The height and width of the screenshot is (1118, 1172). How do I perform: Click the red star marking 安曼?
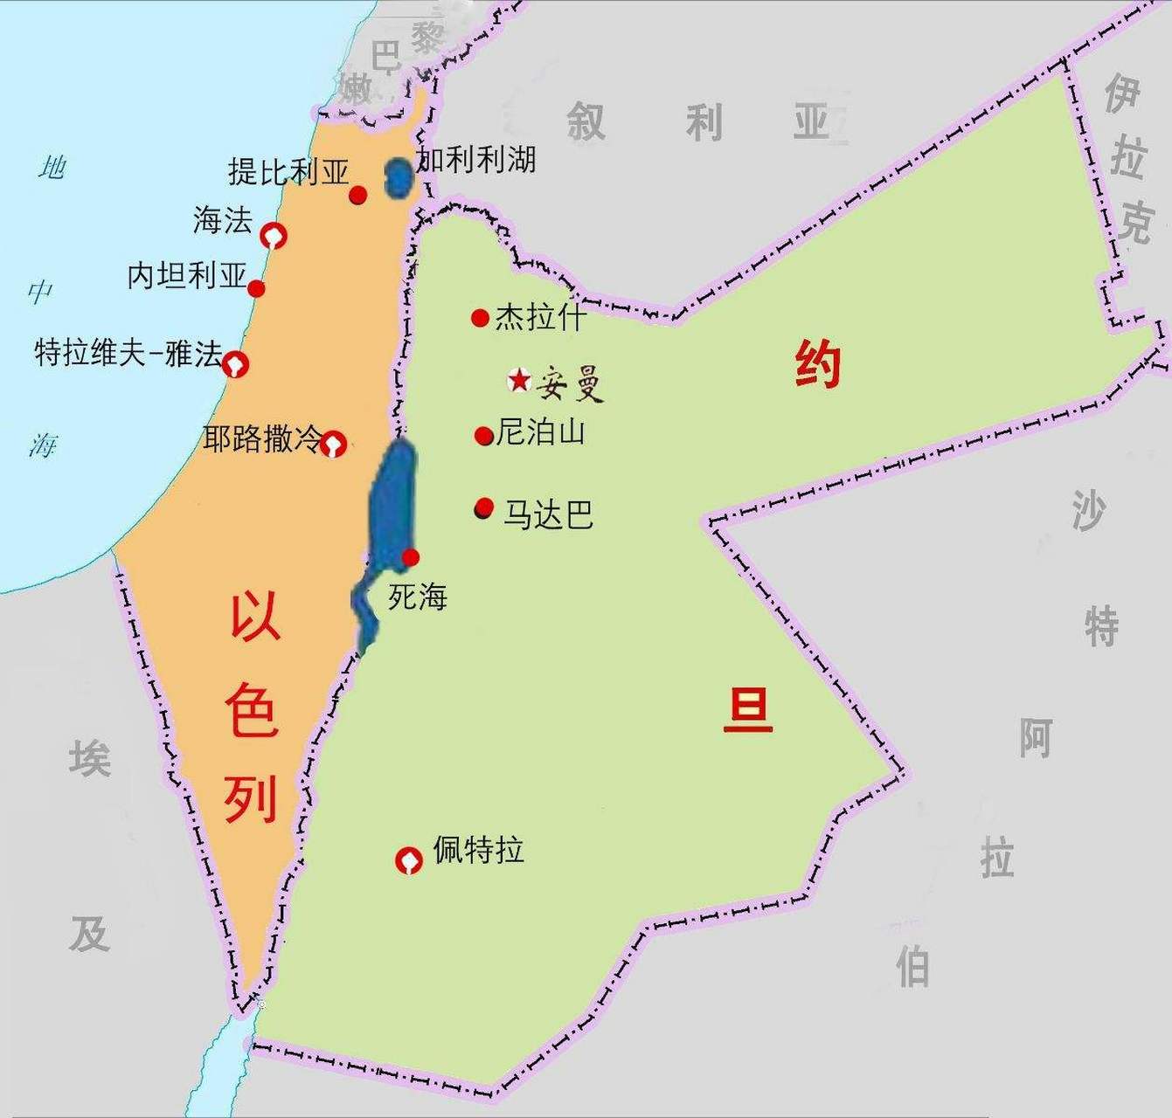(x=519, y=380)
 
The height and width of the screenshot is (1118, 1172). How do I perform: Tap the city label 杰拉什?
(x=539, y=316)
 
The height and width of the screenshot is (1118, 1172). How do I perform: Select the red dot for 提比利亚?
(x=357, y=195)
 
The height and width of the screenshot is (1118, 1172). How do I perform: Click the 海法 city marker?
(x=274, y=235)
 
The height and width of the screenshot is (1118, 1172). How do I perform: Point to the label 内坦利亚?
(x=187, y=276)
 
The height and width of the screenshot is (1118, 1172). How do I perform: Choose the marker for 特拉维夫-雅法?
(x=235, y=363)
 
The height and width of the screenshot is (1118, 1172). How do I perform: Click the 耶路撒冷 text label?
(x=262, y=438)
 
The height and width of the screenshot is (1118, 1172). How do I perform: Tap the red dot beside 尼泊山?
(x=483, y=436)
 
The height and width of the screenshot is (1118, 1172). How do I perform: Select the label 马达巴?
(x=548, y=514)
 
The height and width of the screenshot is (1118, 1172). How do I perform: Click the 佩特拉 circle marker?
(x=408, y=860)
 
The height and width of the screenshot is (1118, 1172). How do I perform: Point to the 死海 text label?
(x=418, y=597)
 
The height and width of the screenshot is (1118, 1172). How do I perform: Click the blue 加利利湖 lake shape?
(x=399, y=177)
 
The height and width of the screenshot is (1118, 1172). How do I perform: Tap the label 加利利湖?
(x=476, y=160)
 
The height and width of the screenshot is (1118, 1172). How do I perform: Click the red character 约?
(x=817, y=364)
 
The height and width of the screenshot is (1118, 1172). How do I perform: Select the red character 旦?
(x=747, y=710)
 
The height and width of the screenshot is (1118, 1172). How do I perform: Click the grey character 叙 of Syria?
(x=586, y=121)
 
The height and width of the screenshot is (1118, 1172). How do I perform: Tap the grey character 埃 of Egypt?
(x=90, y=758)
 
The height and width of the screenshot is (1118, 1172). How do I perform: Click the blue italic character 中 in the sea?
(x=40, y=292)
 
